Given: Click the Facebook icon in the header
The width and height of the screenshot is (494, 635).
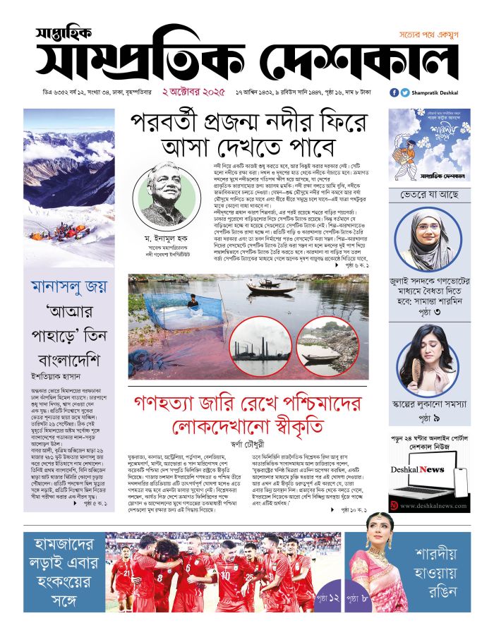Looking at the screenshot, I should click(x=394, y=92).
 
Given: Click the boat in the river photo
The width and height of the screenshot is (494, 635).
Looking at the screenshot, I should click(x=271, y=286).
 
